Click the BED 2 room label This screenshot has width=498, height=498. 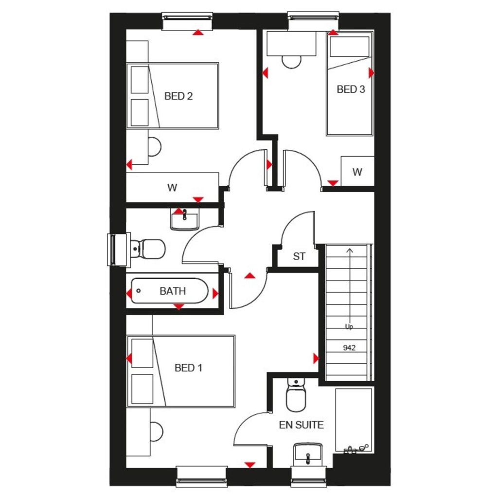[x=178, y=96]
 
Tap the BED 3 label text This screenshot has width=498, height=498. [x=351, y=89]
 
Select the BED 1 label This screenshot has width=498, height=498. [x=188, y=368]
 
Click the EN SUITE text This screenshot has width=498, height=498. [x=301, y=425]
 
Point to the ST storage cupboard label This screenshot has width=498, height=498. [x=299, y=257]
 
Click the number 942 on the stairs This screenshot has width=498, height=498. [x=349, y=348]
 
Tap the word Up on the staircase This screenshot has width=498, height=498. [x=349, y=327]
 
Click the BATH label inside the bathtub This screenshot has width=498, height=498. [x=173, y=291]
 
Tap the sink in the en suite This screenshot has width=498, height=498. [x=308, y=453]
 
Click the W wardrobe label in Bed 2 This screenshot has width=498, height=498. [x=172, y=188]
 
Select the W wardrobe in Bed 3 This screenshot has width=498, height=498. [x=357, y=172]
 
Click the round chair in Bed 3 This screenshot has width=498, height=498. [x=292, y=61]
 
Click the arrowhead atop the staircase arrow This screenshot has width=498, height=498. [x=349, y=250]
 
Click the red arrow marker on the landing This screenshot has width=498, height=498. [x=249, y=276]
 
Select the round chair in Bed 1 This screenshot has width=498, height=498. [x=156, y=430]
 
